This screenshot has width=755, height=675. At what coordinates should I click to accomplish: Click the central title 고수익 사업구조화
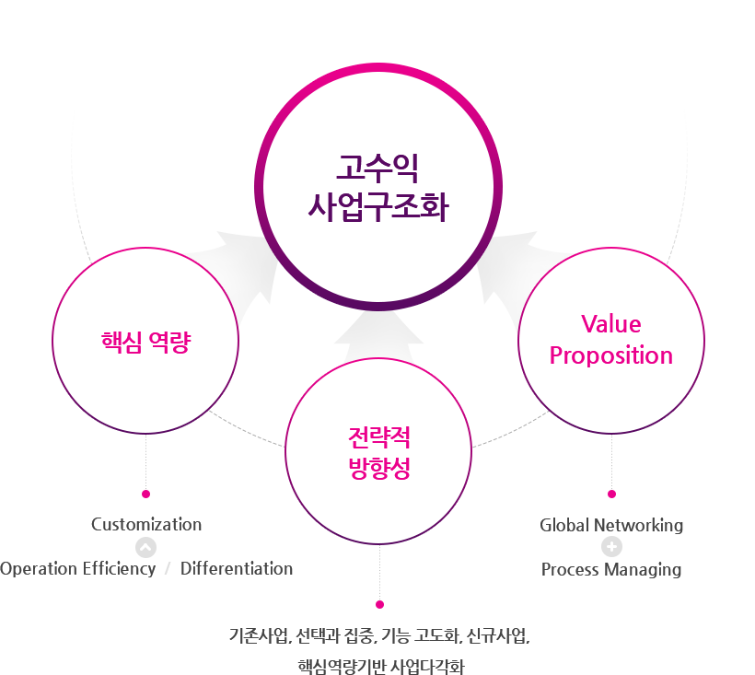377,188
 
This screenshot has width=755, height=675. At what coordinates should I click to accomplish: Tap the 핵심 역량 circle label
145,343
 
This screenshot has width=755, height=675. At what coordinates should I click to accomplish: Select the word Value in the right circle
611,324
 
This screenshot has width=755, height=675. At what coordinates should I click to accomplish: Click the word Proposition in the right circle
611,355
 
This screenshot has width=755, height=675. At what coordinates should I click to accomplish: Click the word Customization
146,524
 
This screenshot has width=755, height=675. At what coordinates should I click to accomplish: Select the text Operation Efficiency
77,568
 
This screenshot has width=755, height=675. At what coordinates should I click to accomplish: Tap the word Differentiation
237,568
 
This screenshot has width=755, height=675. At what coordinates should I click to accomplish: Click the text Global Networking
611,525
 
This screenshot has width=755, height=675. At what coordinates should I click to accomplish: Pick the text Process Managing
611,569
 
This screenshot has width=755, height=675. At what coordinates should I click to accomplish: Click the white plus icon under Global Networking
611,547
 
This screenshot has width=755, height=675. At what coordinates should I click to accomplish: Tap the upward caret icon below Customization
145,547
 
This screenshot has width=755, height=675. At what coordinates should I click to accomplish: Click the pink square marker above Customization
145,494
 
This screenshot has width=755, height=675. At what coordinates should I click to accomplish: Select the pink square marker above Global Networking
611,494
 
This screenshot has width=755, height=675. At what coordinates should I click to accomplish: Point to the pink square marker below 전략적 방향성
378,604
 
